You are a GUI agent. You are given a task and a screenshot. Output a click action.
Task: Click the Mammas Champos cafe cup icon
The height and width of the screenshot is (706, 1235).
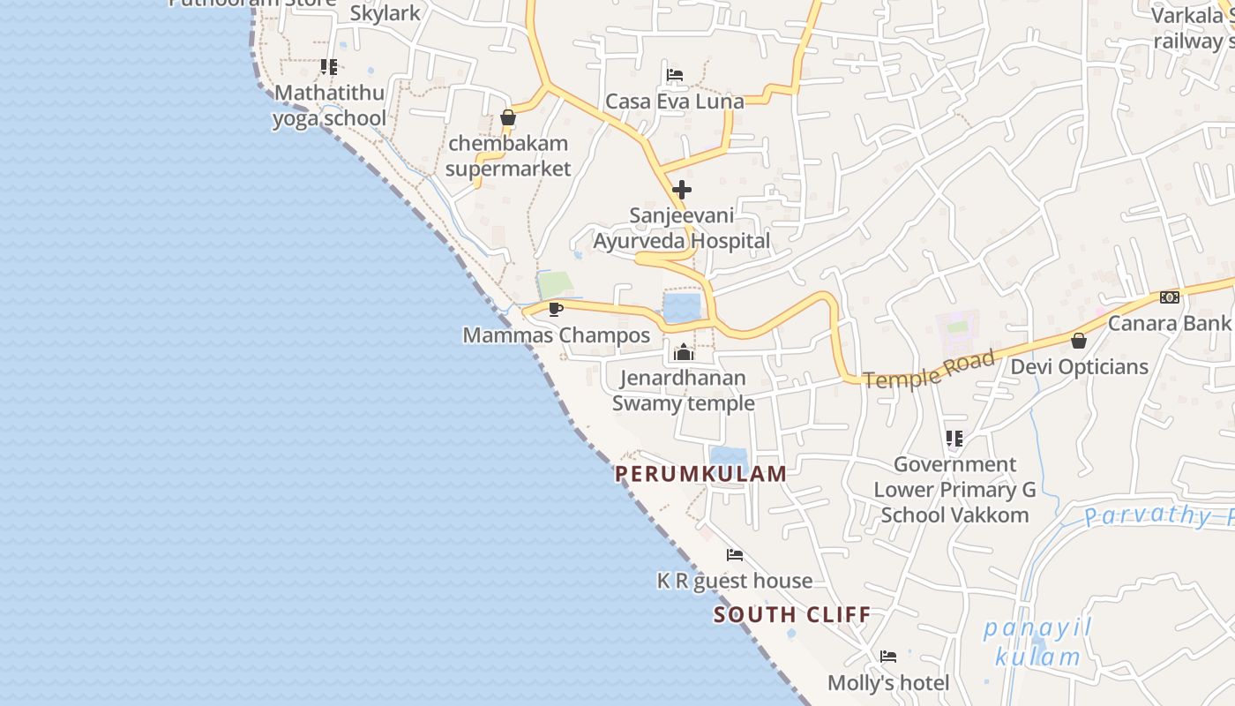coord(555,309)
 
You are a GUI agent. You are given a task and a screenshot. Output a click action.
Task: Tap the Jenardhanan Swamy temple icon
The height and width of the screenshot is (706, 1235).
coord(683,352)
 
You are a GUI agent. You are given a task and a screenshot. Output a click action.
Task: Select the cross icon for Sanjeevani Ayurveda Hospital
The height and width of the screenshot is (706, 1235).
coord(681,190)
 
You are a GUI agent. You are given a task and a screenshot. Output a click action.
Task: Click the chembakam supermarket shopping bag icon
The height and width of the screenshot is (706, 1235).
coord(507,117)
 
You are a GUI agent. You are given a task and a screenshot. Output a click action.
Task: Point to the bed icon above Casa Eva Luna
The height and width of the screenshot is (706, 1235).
coord(675,75)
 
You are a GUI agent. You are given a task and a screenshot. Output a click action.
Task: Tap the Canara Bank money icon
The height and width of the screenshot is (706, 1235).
coord(1170,297)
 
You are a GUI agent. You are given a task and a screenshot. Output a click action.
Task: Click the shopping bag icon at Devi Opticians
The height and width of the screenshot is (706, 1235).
coord(1078,341)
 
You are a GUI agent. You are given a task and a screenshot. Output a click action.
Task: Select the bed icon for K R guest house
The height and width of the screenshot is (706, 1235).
coord(734,555)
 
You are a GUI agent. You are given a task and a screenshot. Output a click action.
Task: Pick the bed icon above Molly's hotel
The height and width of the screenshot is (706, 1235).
coord(888,657)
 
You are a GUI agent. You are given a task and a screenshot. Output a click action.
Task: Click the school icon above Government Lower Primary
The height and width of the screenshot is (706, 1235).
coord(954,438)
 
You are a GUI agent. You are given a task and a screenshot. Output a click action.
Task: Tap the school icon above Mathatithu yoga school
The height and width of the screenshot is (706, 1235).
coord(329,67)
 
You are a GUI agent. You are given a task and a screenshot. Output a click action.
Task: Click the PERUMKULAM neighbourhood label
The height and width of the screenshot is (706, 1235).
coord(700,474)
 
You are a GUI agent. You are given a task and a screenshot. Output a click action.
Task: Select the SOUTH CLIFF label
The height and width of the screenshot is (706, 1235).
coord(791,615)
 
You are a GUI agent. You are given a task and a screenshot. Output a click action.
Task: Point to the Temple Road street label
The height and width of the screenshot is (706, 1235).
coord(929,369)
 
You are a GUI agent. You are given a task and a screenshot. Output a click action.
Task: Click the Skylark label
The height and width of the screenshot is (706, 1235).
coord(385,13)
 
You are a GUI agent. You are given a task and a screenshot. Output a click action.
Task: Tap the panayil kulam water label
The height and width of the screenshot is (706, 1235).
coord(1037,642)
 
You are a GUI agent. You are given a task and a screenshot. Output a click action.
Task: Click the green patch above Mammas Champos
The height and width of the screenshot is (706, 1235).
coord(555,284)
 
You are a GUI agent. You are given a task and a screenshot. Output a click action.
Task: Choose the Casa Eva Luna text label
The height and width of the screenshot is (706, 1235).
coord(674,101)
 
